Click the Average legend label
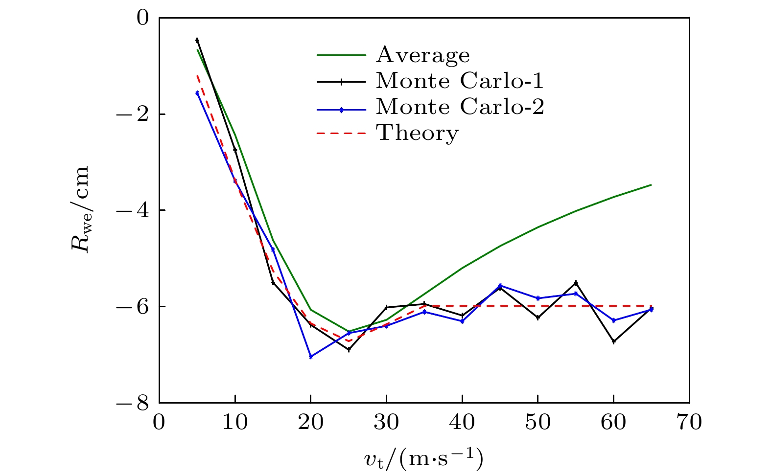click(x=422, y=55)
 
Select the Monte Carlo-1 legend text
click(x=460, y=81)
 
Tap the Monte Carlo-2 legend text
click(x=460, y=107)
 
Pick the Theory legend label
click(x=417, y=133)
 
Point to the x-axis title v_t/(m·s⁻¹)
click(x=424, y=459)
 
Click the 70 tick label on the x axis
click(x=689, y=422)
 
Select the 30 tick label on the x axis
click(x=387, y=422)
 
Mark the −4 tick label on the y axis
click(x=133, y=210)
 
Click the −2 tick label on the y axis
click(x=133, y=114)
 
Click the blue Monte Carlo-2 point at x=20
click(x=311, y=357)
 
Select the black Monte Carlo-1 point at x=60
click(x=614, y=341)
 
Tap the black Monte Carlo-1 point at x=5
click(x=197, y=40)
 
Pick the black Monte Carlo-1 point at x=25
click(x=349, y=350)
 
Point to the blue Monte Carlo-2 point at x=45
click(x=500, y=285)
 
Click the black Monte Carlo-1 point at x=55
click(x=576, y=283)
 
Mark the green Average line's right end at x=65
click(x=651, y=185)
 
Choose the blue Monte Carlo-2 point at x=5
click(x=197, y=93)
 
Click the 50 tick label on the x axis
click(x=538, y=422)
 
